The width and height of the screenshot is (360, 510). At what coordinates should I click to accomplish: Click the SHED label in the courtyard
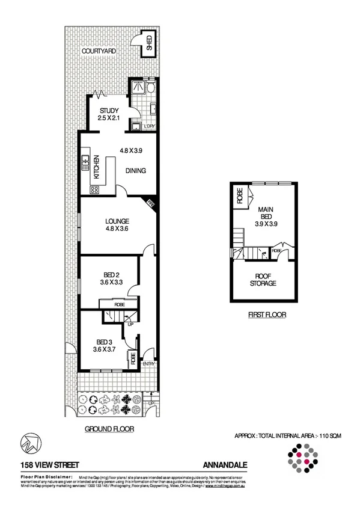click(x=148, y=44)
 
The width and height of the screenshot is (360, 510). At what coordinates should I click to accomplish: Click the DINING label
click(x=136, y=170)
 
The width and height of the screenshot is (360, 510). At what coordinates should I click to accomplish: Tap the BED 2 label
click(x=109, y=274)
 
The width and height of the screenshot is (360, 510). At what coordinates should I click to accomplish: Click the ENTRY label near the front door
click(x=148, y=364)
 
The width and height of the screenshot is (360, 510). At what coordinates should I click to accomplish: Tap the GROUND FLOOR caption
click(x=109, y=429)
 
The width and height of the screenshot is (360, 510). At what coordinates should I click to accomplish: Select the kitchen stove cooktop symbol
click(x=95, y=189)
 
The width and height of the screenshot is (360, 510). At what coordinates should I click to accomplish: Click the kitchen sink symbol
click(x=86, y=160)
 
